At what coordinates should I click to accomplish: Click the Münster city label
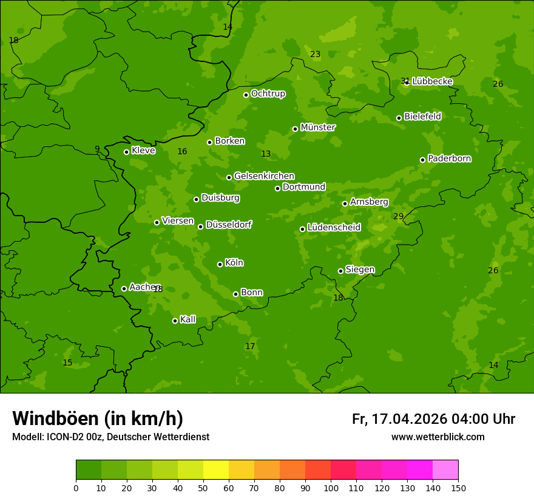pos(317,128)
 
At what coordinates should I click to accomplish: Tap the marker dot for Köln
pos(220,264)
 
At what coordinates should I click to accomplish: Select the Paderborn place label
pos(449,158)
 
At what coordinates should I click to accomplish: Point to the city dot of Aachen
pos(124,288)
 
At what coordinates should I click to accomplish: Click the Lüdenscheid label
pos(334,228)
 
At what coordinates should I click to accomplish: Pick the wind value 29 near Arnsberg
pos(398,216)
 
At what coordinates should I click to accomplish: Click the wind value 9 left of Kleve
pos(97,149)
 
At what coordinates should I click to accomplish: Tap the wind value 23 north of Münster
pos(315,54)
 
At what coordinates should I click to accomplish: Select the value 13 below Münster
pos(266,154)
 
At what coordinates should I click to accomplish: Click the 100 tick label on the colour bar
pos(331,488)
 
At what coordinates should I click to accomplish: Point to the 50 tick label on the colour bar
pos(203,488)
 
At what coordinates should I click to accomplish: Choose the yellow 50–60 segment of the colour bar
pos(216,469)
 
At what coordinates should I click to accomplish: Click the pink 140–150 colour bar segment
pos(445,469)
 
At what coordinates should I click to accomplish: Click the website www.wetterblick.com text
pos(438,437)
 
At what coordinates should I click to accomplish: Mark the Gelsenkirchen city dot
pos(229,177)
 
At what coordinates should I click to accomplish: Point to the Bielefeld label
pos(422,116)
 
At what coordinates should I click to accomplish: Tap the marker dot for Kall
pos(175,321)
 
